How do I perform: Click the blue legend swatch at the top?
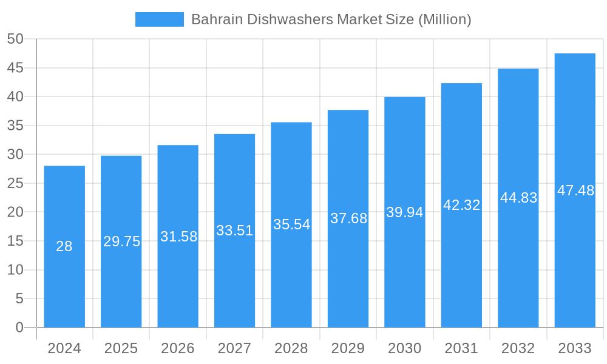[x=159, y=19]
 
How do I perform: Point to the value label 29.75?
[x=121, y=241]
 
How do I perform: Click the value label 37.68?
[x=348, y=218]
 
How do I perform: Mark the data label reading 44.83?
[x=518, y=198]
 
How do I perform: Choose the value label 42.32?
[x=461, y=205]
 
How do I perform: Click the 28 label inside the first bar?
[x=64, y=246]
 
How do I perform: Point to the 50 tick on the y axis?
[x=15, y=39]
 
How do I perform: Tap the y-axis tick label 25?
[x=15, y=183]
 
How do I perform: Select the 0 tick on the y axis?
[x=19, y=328]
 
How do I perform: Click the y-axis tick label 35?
[x=15, y=126]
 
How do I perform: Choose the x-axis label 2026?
[x=178, y=348]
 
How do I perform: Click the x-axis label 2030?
[x=404, y=348]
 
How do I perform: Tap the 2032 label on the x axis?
[x=518, y=348]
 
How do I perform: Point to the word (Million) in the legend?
[x=445, y=19]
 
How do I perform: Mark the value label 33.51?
[x=234, y=231]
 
